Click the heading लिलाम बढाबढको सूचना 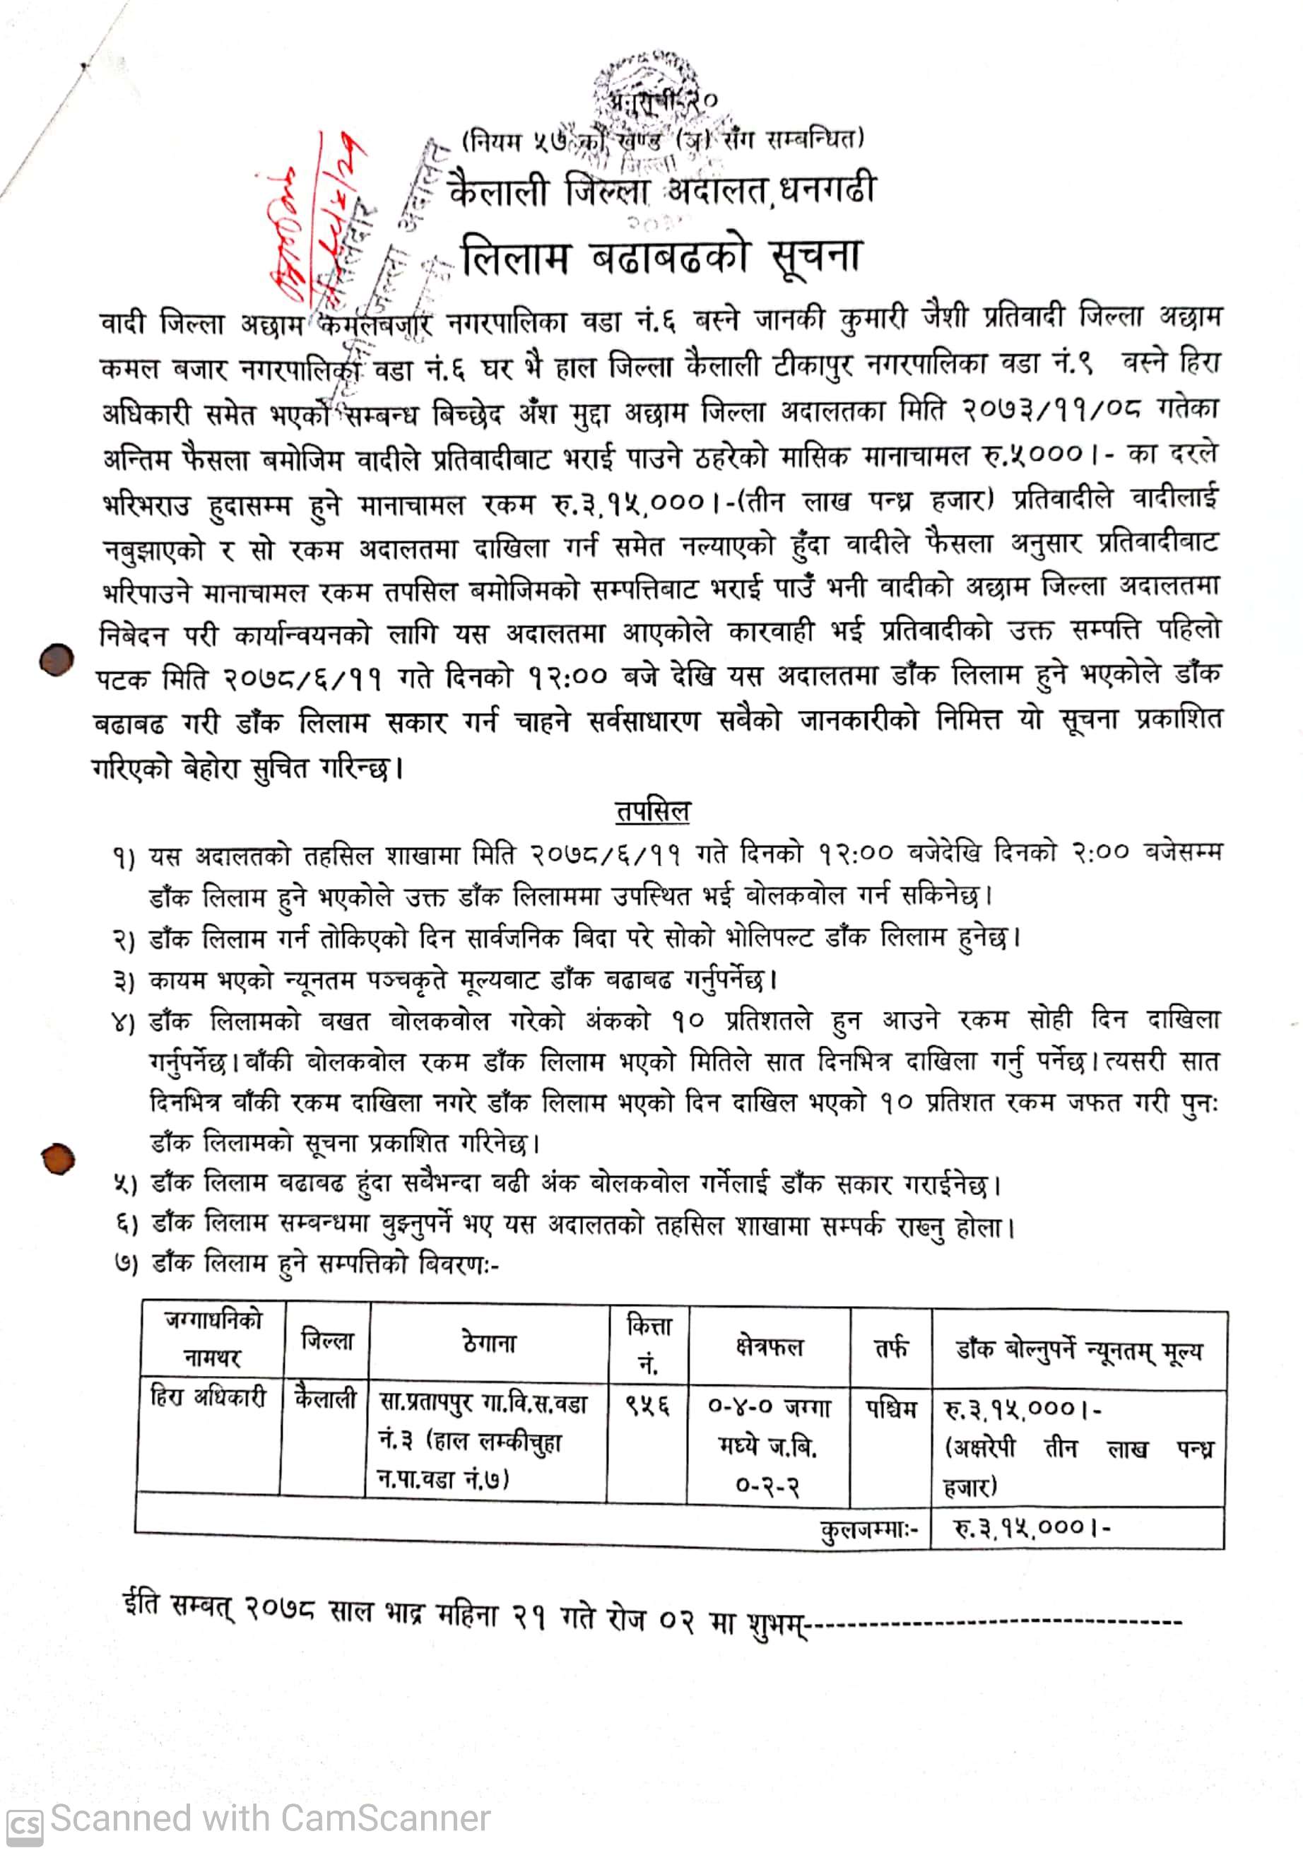(661, 257)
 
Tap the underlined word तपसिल (652, 811)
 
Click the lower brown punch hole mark (58, 1160)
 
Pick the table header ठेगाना (489, 1343)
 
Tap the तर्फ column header (892, 1347)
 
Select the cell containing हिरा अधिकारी (209, 1396)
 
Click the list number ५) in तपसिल (125, 1184)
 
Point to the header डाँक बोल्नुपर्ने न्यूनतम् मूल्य (1079, 1348)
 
